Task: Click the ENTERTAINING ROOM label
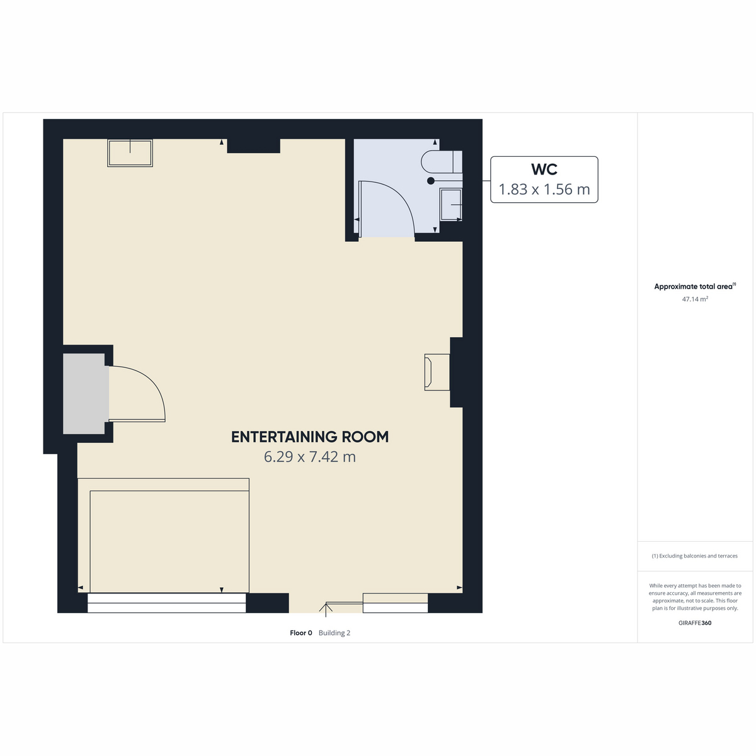click(309, 437)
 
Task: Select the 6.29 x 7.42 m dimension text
click(309, 457)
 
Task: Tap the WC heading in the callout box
click(544, 169)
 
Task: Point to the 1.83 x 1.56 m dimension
click(544, 189)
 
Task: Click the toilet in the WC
click(442, 161)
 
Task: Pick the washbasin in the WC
click(451, 204)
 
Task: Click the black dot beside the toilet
click(431, 181)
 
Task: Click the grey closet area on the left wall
click(84, 394)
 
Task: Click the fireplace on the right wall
click(437, 372)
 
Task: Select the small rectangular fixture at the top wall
click(130, 153)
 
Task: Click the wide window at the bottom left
click(166, 603)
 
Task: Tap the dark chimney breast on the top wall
click(253, 146)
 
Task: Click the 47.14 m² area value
click(695, 299)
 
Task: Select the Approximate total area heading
click(695, 287)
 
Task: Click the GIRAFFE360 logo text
click(695, 622)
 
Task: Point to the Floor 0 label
click(301, 633)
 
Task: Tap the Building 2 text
click(335, 633)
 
